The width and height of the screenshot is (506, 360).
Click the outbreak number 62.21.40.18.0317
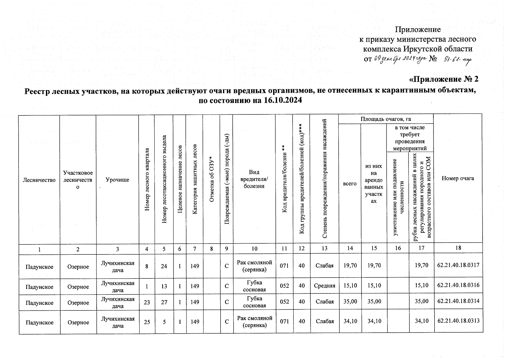pyautogui.click(x=458, y=265)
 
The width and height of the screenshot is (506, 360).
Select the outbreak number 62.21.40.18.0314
pyautogui.click(x=458, y=301)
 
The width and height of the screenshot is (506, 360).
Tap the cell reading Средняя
pyautogui.click(x=324, y=285)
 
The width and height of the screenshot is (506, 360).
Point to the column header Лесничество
pyautogui.click(x=39, y=180)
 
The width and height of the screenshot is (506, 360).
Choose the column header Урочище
pyautogui.click(x=117, y=180)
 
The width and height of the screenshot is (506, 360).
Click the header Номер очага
pyautogui.click(x=458, y=178)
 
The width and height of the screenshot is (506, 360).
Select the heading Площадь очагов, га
pyautogui.click(x=386, y=119)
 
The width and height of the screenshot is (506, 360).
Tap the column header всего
pyautogui.click(x=350, y=184)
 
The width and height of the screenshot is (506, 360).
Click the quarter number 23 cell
pyautogui.click(x=147, y=302)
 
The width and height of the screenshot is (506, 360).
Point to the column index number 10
pyautogui.click(x=254, y=248)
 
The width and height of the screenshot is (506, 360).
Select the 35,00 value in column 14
pyautogui.click(x=350, y=301)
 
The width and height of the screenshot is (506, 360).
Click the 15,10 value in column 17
pyautogui.click(x=421, y=285)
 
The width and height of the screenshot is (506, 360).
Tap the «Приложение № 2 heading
pyautogui.click(x=444, y=79)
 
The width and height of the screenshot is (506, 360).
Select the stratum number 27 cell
pyautogui.click(x=164, y=302)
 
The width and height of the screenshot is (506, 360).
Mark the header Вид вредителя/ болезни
pyautogui.click(x=254, y=179)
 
